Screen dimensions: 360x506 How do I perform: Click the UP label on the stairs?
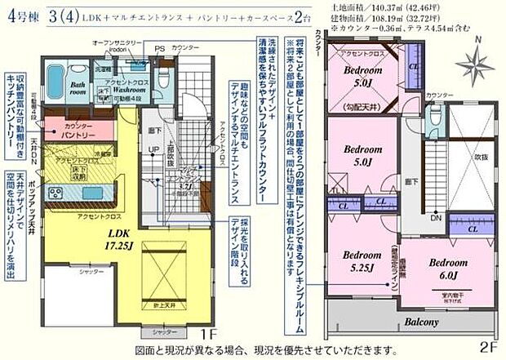click(152, 149)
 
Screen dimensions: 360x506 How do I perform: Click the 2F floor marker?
click(489, 344)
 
